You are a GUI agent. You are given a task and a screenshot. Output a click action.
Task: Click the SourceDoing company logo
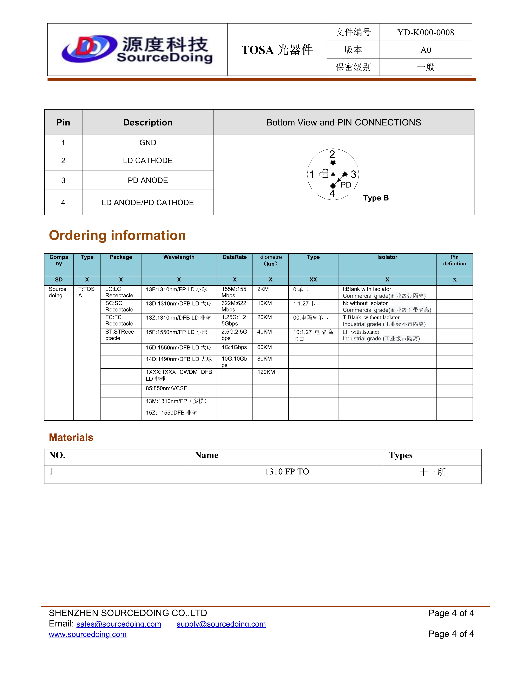click(137, 49)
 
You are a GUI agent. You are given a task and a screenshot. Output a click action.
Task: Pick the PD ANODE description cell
click(148, 180)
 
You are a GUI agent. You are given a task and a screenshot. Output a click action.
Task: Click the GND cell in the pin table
click(148, 143)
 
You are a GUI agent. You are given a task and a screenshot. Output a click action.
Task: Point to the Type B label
click(376, 198)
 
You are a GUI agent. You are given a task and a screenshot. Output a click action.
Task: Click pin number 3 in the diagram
click(353, 174)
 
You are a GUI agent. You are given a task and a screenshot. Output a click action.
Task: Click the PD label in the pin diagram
click(346, 185)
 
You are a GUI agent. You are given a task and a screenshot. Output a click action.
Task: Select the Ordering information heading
click(118, 235)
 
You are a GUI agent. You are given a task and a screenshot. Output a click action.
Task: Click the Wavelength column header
click(179, 257)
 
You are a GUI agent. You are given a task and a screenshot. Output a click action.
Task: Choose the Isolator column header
click(387, 257)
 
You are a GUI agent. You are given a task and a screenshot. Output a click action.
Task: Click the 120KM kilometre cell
click(266, 372)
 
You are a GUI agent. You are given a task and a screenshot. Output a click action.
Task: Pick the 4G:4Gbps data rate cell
click(234, 347)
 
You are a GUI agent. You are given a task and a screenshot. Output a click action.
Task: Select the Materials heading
click(71, 437)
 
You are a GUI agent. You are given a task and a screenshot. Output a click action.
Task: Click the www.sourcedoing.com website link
click(87, 634)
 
